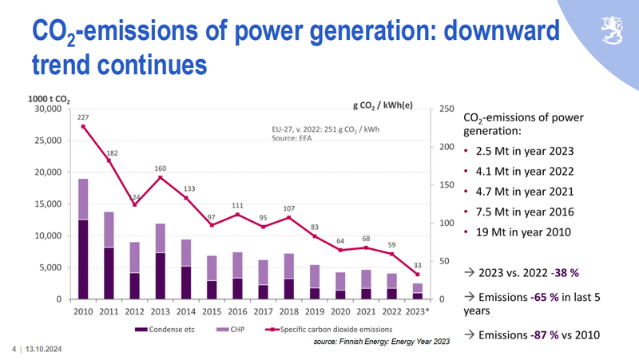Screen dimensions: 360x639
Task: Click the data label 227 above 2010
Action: [x=82, y=117]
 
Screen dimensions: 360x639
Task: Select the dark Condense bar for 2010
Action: [x=83, y=259]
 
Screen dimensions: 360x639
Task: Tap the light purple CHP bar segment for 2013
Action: [x=161, y=238]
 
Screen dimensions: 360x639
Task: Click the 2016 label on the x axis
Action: [x=238, y=312]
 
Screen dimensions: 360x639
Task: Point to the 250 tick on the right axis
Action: [x=447, y=109]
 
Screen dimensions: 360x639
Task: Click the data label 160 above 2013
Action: [x=160, y=168]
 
